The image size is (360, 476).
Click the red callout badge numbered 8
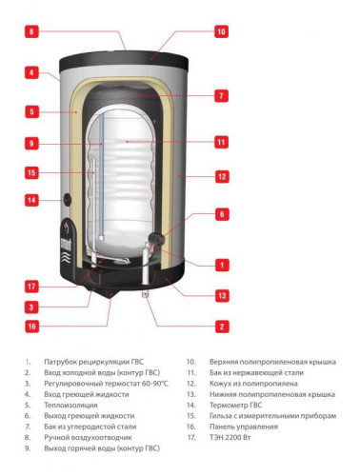(x=31, y=31)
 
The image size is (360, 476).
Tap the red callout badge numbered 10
(x=221, y=31)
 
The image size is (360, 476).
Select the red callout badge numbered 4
(x=31, y=71)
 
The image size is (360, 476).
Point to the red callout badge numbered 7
(x=221, y=96)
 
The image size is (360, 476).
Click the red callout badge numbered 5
(x=31, y=111)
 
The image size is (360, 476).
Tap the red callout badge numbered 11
(x=221, y=143)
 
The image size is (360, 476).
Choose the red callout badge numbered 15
(x=31, y=173)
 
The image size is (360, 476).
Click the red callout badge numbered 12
(x=221, y=176)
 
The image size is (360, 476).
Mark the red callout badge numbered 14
(x=31, y=201)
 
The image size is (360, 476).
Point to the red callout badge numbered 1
(x=221, y=265)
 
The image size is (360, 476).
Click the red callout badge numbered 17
(x=31, y=286)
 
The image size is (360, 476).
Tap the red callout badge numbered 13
(x=221, y=297)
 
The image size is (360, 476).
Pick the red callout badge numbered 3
(x=31, y=307)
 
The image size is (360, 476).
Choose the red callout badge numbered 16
(x=31, y=327)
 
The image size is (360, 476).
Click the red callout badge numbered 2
(x=221, y=327)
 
